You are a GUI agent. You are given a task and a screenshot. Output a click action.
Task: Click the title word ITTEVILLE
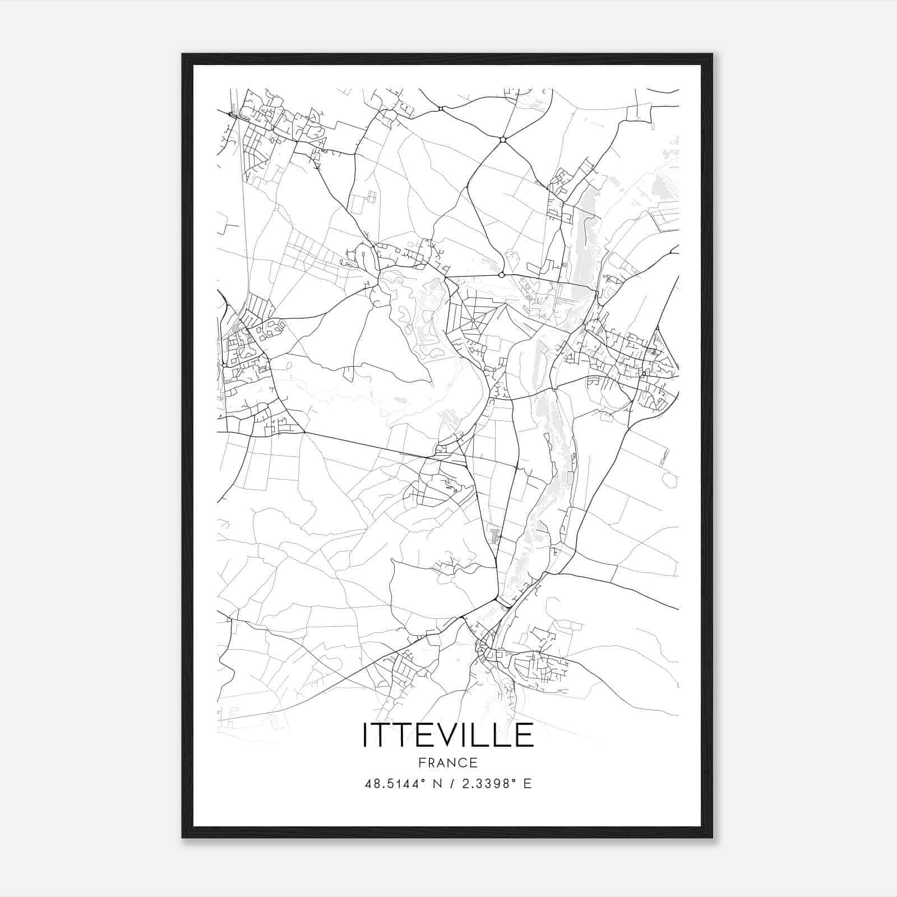(x=448, y=734)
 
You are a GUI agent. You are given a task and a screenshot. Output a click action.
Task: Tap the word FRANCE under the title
(x=448, y=762)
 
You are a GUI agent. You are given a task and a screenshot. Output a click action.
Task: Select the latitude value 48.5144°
(x=397, y=784)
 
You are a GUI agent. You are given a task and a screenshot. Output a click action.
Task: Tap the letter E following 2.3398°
(x=527, y=784)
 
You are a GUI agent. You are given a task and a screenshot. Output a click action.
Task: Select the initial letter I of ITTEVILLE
(x=366, y=734)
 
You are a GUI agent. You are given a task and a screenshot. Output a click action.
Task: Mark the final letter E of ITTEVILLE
(x=525, y=734)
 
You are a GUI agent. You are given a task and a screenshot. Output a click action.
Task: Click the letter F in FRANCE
(x=422, y=762)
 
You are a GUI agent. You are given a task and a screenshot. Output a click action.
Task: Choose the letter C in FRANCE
(x=463, y=762)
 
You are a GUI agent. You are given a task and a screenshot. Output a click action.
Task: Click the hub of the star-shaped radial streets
(x=473, y=321)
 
